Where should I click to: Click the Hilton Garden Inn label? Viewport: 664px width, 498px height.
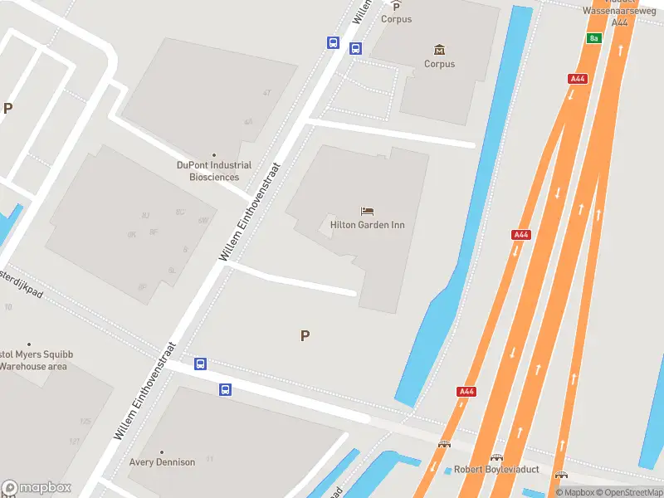[368, 225]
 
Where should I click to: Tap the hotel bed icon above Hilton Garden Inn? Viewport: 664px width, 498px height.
[368, 212]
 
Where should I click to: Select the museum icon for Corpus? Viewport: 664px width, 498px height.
[439, 50]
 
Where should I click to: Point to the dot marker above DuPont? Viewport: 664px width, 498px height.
[213, 155]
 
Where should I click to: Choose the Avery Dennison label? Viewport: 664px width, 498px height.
[162, 462]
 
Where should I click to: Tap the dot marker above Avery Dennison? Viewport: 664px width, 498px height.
[162, 452]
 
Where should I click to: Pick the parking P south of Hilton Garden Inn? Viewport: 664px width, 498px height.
[305, 336]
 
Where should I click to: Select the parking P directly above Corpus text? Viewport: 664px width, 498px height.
[396, 6]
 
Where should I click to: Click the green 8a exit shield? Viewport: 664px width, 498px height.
[593, 38]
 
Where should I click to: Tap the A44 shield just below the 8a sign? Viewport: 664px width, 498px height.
[578, 79]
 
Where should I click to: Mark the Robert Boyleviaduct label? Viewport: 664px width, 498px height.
[496, 470]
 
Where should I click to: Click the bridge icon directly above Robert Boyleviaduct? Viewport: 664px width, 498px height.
[497, 457]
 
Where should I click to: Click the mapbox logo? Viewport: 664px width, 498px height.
[37, 488]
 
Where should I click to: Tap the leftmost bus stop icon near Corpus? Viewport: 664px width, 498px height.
[333, 43]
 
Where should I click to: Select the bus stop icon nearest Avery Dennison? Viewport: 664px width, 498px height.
[225, 389]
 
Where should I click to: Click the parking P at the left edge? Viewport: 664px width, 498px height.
[8, 108]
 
